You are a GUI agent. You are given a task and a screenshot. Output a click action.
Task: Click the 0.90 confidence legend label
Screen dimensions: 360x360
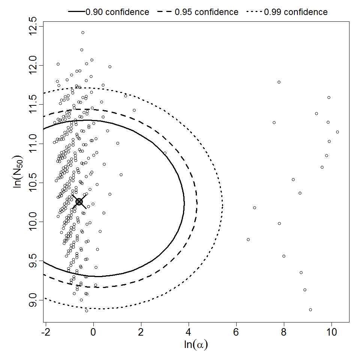(117, 12)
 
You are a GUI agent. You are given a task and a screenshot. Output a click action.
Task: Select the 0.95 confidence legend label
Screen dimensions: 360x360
(207, 12)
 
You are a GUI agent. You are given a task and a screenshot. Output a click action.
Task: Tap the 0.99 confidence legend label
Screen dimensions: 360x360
(296, 12)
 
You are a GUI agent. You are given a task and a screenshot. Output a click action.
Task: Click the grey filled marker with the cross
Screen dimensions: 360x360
(79, 202)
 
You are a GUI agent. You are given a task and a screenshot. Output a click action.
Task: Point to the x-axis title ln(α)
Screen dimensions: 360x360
(196, 345)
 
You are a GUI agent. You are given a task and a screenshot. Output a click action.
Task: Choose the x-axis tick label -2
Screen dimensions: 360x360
(44, 332)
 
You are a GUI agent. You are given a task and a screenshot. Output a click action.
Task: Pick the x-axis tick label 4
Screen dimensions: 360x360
(189, 332)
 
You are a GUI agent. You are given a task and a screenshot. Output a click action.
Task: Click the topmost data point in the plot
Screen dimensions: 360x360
(83, 33)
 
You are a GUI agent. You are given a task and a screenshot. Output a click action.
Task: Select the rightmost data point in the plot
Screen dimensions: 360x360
(337, 132)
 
